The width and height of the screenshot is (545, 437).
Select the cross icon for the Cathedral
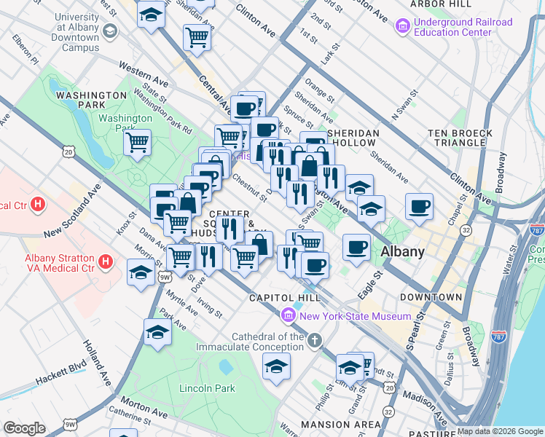[x=314, y=340]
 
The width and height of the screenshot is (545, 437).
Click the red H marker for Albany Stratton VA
[x=106, y=261]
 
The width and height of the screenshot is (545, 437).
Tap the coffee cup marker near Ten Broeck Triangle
[x=419, y=205]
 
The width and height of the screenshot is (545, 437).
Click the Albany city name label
[x=402, y=252]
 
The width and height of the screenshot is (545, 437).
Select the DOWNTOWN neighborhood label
[x=431, y=297]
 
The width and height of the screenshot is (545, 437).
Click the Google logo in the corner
[x=23, y=428]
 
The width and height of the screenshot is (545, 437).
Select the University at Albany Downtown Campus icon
[x=109, y=31]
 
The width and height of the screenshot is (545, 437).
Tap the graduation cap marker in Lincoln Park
[x=276, y=366]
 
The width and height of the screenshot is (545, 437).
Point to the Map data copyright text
[x=500, y=431]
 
